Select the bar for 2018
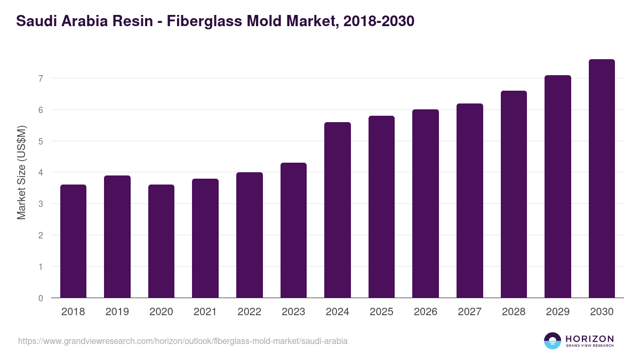click(x=73, y=241)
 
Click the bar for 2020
click(x=161, y=241)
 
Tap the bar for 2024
click(x=337, y=210)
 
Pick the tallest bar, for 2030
click(x=602, y=179)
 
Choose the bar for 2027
click(x=469, y=201)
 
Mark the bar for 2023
click(x=293, y=230)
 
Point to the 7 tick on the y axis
click(x=39, y=78)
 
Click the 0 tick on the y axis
click(x=39, y=298)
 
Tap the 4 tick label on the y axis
click(x=39, y=172)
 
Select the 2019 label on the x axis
click(x=117, y=312)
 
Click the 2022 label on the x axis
click(x=249, y=312)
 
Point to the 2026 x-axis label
click(x=425, y=312)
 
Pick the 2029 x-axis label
click(x=557, y=312)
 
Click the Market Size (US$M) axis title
click(x=21, y=172)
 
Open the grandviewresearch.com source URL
click(x=183, y=341)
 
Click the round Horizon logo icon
click(x=553, y=341)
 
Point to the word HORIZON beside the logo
click(x=589, y=338)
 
